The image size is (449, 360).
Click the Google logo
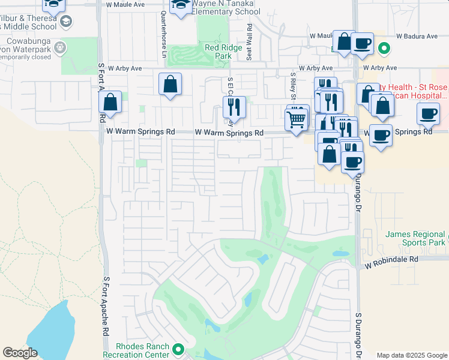(20, 353)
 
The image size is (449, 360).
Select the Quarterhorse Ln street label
(163, 34)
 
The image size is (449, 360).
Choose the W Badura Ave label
(416, 37)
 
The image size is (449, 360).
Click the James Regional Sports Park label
(416, 238)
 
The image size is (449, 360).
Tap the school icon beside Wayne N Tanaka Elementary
(179, 5)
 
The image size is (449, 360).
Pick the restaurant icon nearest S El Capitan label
(234, 106)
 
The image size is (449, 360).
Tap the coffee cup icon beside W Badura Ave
(362, 43)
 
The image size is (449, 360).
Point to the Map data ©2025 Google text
(412, 355)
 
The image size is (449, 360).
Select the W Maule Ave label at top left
(126, 4)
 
